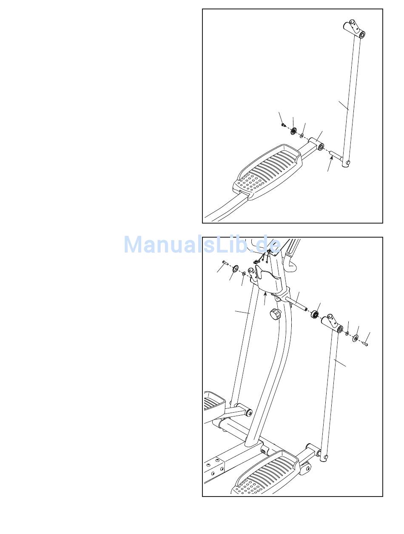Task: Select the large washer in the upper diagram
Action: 293,130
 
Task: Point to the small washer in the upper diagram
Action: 302,136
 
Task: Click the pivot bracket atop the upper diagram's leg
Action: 354,29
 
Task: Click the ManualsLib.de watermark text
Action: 202,245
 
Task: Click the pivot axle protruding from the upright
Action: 296,304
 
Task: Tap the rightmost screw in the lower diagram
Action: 365,344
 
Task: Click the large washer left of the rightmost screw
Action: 355,339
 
